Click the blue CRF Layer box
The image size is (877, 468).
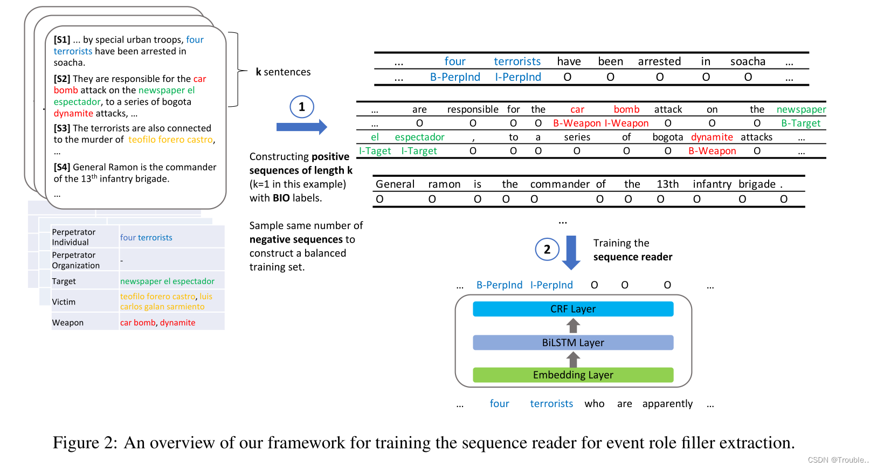pos(573,309)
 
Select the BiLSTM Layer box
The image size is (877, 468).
pos(573,342)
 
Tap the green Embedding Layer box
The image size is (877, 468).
pos(573,375)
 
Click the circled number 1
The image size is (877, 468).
pos(301,107)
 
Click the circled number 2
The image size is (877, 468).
pos(547,249)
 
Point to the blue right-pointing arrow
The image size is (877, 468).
pos(301,127)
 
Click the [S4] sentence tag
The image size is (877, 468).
pos(62,167)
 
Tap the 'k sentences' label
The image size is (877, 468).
pos(283,72)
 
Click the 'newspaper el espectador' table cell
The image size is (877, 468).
pos(167,281)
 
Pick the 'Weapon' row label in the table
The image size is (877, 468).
pos(68,322)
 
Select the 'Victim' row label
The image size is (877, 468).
pos(64,302)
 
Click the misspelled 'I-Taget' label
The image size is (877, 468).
pos(375,151)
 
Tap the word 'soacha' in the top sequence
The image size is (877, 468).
pos(748,61)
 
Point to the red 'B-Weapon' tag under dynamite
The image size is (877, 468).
pos(712,151)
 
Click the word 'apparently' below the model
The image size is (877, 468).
pos(667,404)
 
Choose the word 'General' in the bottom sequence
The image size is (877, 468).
pos(395,184)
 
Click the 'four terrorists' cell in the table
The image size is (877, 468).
pos(146,237)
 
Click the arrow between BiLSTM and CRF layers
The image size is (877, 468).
pos(573,326)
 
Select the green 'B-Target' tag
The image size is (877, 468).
pos(800,123)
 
